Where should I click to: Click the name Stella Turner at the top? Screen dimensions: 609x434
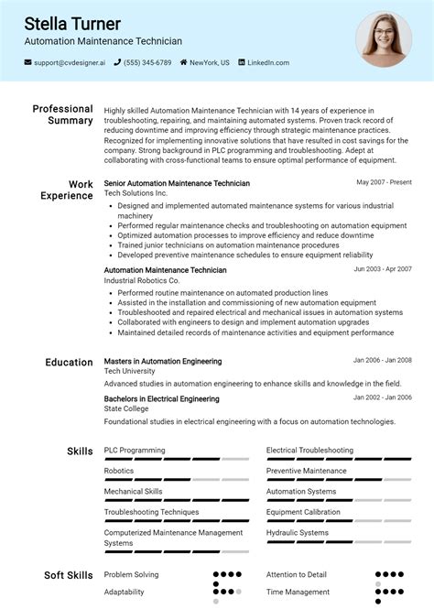tap(72, 23)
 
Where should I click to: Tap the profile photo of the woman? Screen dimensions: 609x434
tap(383, 39)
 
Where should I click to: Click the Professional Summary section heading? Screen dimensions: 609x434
tap(62, 114)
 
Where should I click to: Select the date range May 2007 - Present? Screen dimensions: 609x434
tap(384, 183)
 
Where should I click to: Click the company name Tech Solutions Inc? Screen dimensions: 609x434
tap(136, 194)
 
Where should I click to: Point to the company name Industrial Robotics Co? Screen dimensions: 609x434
tap(142, 280)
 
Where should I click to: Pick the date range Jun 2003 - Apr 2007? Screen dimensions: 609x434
tap(382, 269)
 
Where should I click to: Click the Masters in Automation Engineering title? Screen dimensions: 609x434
tap(163, 361)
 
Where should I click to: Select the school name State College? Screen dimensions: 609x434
tap(126, 409)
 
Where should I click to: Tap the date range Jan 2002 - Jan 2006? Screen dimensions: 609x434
tap(382, 398)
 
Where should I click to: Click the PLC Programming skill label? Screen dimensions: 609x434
tap(135, 451)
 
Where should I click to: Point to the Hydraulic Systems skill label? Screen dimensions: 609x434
tap(297, 532)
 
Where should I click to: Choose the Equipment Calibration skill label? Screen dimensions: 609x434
tap(303, 512)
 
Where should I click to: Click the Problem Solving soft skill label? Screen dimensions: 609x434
tap(131, 574)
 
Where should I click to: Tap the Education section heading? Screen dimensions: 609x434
tap(69, 362)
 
